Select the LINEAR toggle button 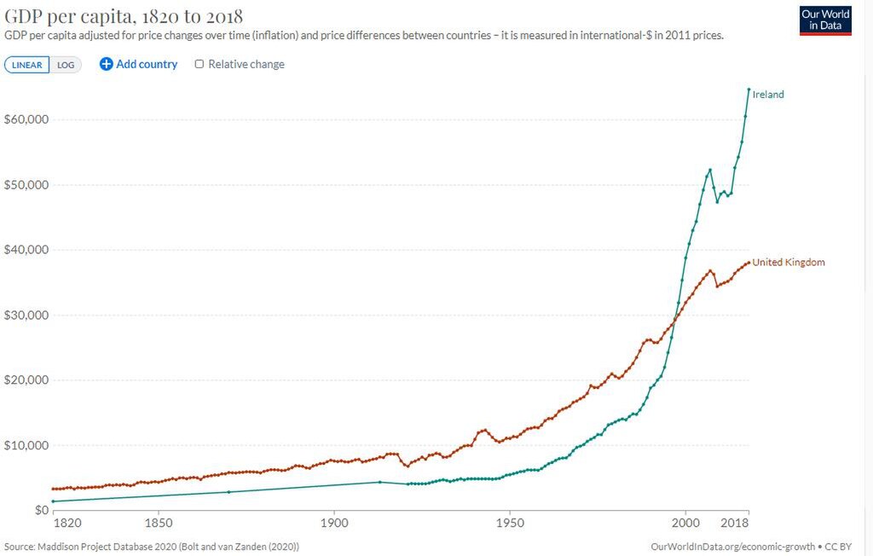pos(27,65)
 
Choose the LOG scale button pos(66,65)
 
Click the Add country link pos(139,64)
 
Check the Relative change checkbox pos(199,64)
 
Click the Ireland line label pos(767,95)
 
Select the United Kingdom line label pos(788,263)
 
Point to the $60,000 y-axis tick pos(26,119)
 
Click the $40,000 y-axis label pos(26,250)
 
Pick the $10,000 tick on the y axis pos(26,445)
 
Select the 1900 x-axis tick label pos(334,522)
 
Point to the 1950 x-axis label pos(510,522)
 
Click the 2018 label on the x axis pos(736,522)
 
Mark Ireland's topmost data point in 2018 pos(749,89)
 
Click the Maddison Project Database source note pos(152,546)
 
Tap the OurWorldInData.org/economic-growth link pos(731,546)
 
